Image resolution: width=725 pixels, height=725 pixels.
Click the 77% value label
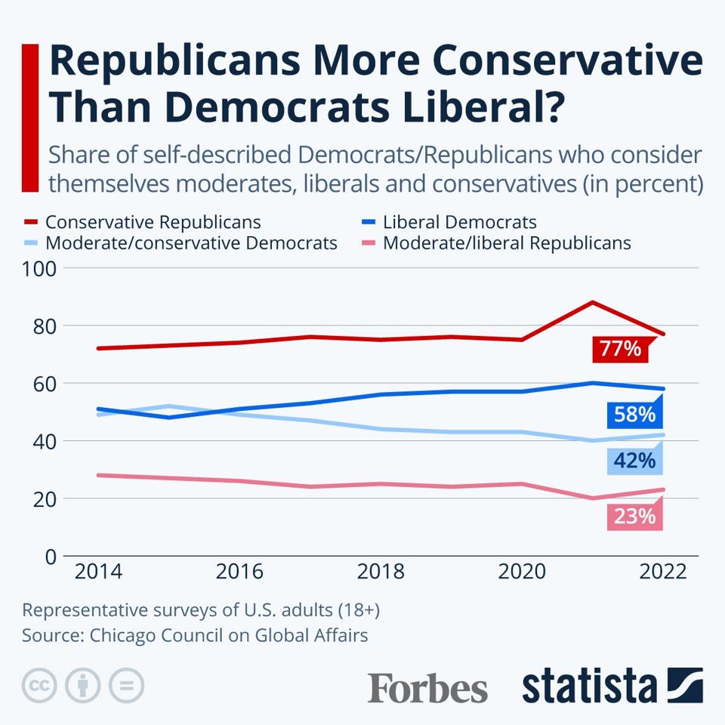620,349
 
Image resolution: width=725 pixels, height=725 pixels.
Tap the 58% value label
633,415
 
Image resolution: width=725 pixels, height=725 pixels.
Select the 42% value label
633,459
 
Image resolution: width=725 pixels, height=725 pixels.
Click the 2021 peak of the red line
593,302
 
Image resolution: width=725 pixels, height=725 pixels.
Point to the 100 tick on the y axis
41,269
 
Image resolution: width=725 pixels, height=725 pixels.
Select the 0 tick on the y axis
51,557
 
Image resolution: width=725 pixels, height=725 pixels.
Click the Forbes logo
427,687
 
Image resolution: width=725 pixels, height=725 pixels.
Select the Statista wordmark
589,686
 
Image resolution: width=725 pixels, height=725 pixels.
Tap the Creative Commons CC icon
39,686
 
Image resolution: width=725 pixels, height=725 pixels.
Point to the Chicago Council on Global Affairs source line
195,635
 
